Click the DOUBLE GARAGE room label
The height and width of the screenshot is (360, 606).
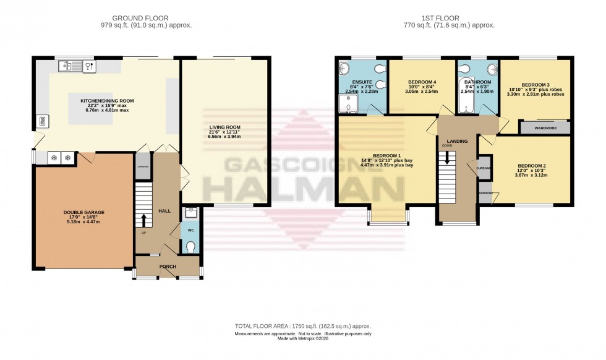click(83, 212)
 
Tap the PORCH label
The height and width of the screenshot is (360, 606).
click(168, 267)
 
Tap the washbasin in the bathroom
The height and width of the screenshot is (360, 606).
click(492, 69)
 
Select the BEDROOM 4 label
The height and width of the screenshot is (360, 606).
click(422, 82)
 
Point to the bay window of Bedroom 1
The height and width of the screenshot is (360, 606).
click(387, 216)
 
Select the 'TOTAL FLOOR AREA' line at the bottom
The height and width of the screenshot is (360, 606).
click(302, 326)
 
